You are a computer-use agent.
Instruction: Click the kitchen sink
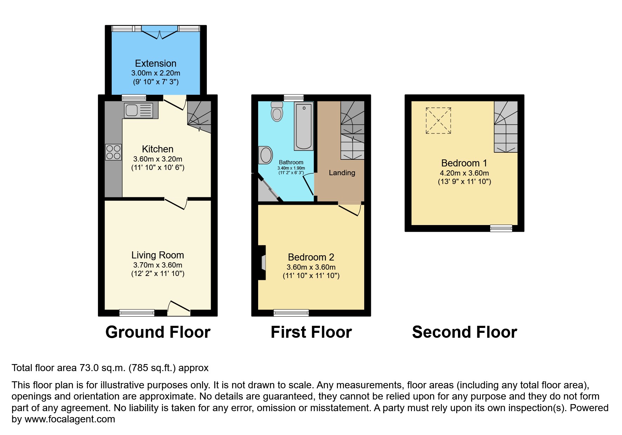pos(138,110)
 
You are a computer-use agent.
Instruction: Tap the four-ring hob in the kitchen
pos(113,152)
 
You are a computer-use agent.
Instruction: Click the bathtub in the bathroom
pos(304,127)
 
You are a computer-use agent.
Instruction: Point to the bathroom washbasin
pos(266,155)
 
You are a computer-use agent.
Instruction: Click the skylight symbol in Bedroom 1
pos(438,121)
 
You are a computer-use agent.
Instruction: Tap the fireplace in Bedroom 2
pos(262,263)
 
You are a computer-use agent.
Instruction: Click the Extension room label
pos(156,64)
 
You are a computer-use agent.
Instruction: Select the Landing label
pos(342,173)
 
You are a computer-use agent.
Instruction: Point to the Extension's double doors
pos(160,32)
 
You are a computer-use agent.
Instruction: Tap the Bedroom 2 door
pos(350,208)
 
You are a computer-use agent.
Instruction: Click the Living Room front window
pos(137,313)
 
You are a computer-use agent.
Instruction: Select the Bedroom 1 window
pos(501,228)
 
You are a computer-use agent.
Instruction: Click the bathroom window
pos(294,98)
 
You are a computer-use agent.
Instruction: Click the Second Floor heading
pos(464,332)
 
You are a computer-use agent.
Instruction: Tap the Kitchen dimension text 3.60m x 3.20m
pos(158,159)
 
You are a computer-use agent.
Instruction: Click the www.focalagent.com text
pos(70,419)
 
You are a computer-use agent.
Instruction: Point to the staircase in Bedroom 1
pos(506,127)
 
